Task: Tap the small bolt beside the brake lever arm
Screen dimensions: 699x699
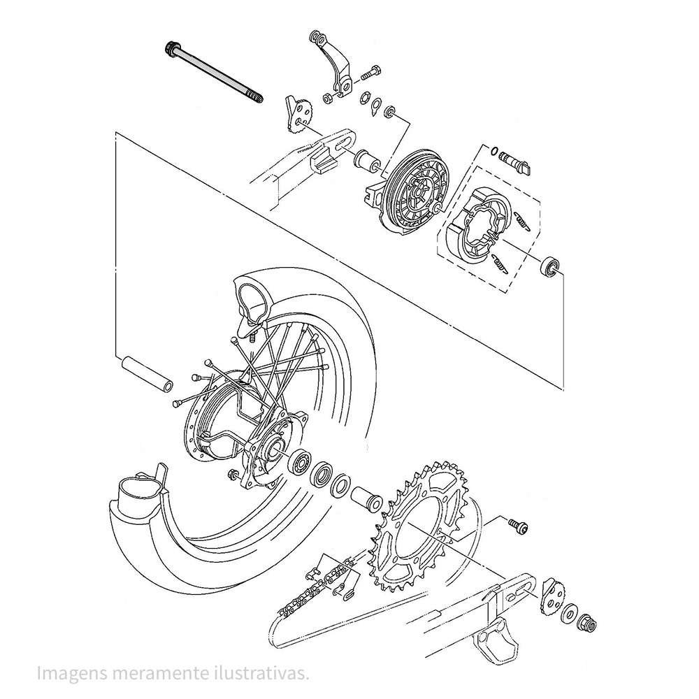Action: tap(371, 73)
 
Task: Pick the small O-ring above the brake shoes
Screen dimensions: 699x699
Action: tap(493, 151)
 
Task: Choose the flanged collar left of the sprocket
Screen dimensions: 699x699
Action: tap(367, 499)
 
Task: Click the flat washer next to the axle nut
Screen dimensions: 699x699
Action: tap(569, 614)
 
